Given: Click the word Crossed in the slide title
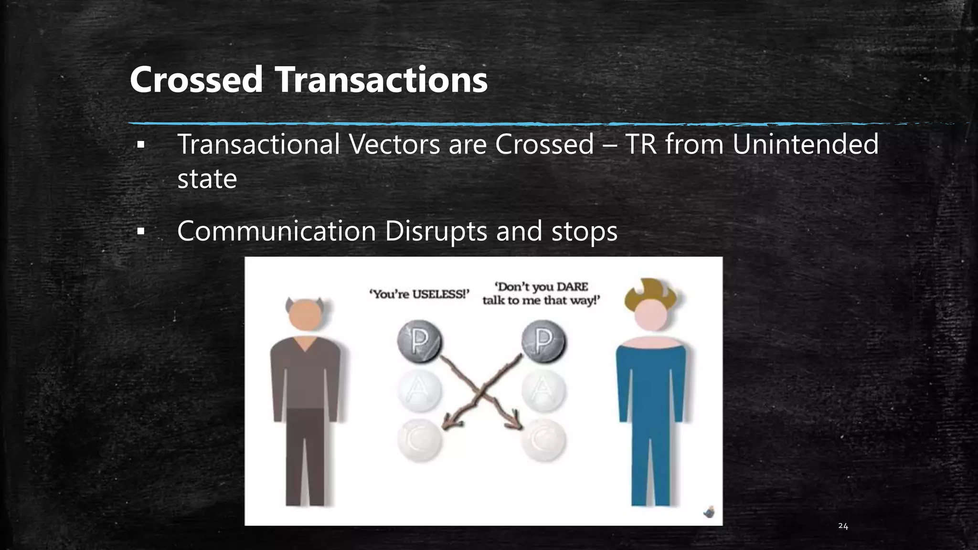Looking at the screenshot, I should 196,80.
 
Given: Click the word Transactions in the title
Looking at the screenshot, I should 382,80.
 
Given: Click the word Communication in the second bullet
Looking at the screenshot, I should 276,231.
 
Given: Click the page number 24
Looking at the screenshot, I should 843,526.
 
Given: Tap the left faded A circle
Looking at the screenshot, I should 420,391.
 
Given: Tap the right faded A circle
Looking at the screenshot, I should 543,391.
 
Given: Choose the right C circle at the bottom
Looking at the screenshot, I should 543,440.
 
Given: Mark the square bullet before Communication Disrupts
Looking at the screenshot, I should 140,232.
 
